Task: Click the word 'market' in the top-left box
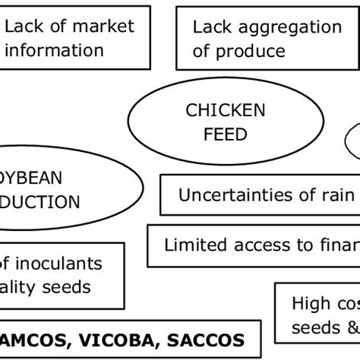point(103,27)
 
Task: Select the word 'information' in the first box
point(55,51)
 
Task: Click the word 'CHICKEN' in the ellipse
point(226,111)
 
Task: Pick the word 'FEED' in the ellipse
point(226,135)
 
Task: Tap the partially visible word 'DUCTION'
point(42,202)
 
